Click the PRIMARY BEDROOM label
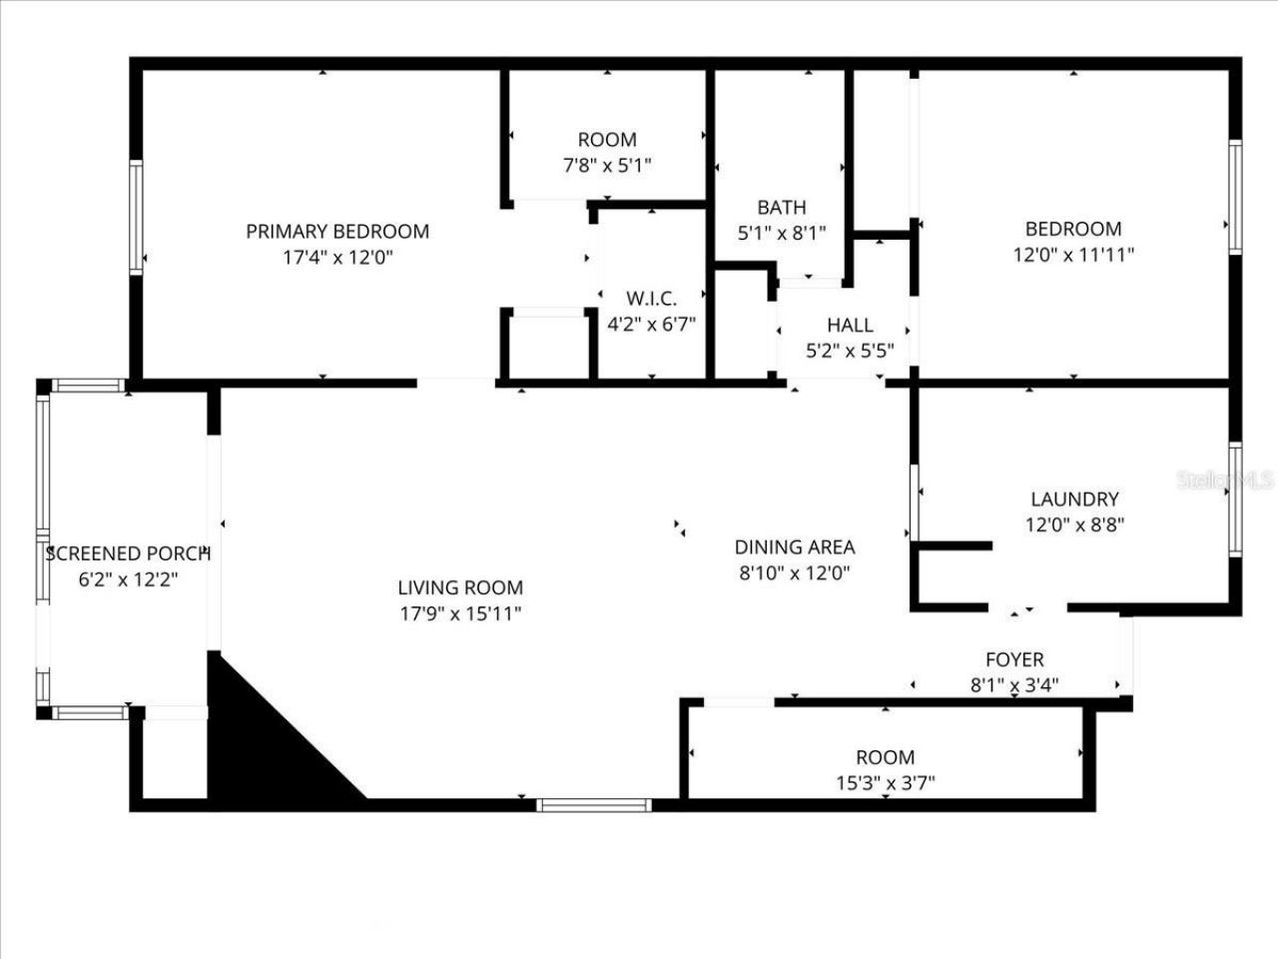tap(337, 231)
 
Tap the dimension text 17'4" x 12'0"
tap(337, 257)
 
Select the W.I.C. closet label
tap(651, 298)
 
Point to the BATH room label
tap(782, 208)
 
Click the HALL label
tap(850, 325)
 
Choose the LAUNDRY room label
tap(1074, 498)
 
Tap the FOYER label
tap(1014, 659)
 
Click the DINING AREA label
tap(795, 546)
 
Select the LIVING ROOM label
tap(460, 588)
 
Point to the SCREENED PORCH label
tap(128, 552)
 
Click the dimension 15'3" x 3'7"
tap(885, 783)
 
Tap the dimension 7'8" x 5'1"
tap(607, 165)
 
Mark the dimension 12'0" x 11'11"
tap(1073, 254)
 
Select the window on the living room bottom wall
tap(594, 804)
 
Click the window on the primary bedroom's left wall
tap(136, 217)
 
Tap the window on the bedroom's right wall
tap(1235, 197)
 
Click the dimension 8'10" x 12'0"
tap(795, 572)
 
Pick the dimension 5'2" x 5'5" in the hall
tap(850, 351)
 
